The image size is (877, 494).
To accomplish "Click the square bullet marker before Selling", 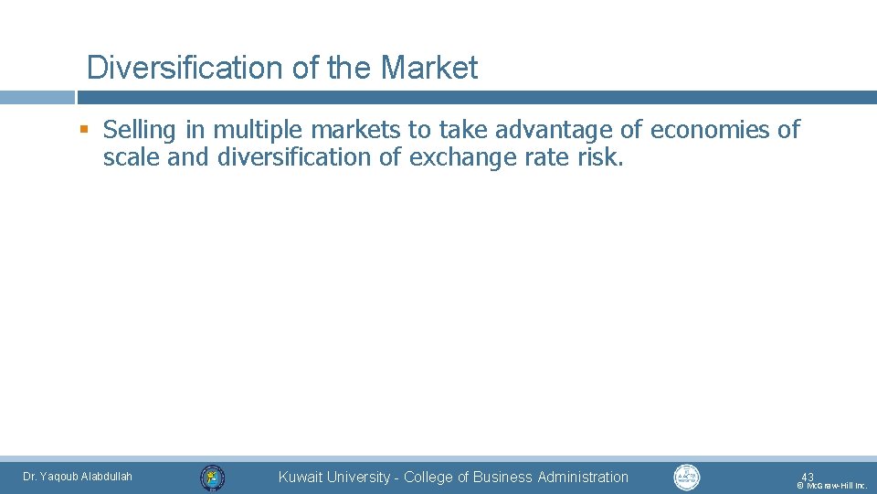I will tap(84, 130).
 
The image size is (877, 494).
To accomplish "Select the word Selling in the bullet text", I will tap(138, 130).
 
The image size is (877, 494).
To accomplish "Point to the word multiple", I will tap(256, 131).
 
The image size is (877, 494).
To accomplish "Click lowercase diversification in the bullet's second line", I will tap(296, 157).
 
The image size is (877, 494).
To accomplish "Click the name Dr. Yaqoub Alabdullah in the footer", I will tap(78, 477).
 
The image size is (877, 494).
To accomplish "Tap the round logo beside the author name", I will tap(212, 477).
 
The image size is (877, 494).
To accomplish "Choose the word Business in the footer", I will tap(501, 477).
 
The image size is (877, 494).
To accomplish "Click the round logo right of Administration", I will tap(686, 477).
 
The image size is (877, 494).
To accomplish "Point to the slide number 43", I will tap(808, 477).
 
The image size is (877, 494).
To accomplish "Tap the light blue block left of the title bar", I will tap(37, 97).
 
